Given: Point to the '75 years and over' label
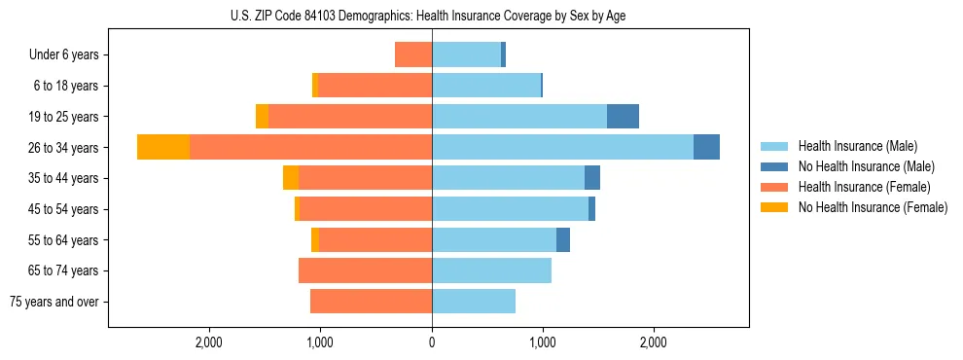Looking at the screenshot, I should click(54, 302).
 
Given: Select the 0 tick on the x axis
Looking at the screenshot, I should click(432, 342).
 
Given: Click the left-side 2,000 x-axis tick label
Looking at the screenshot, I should click(209, 342).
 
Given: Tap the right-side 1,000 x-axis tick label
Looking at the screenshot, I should click(543, 342).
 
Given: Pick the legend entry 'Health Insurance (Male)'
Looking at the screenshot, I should click(857, 146).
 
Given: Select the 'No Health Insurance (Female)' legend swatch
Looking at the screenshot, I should click(775, 207).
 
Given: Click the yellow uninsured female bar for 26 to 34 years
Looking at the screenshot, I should click(163, 147).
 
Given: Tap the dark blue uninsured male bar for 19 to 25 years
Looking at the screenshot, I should click(623, 117).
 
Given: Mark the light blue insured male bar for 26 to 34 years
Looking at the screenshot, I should click(562, 147).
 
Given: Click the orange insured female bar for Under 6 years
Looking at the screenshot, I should click(413, 54).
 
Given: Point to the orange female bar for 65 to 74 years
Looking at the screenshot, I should click(365, 270).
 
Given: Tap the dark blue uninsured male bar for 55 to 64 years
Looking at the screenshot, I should click(563, 240).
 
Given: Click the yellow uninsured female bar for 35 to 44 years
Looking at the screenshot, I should click(291, 178).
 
